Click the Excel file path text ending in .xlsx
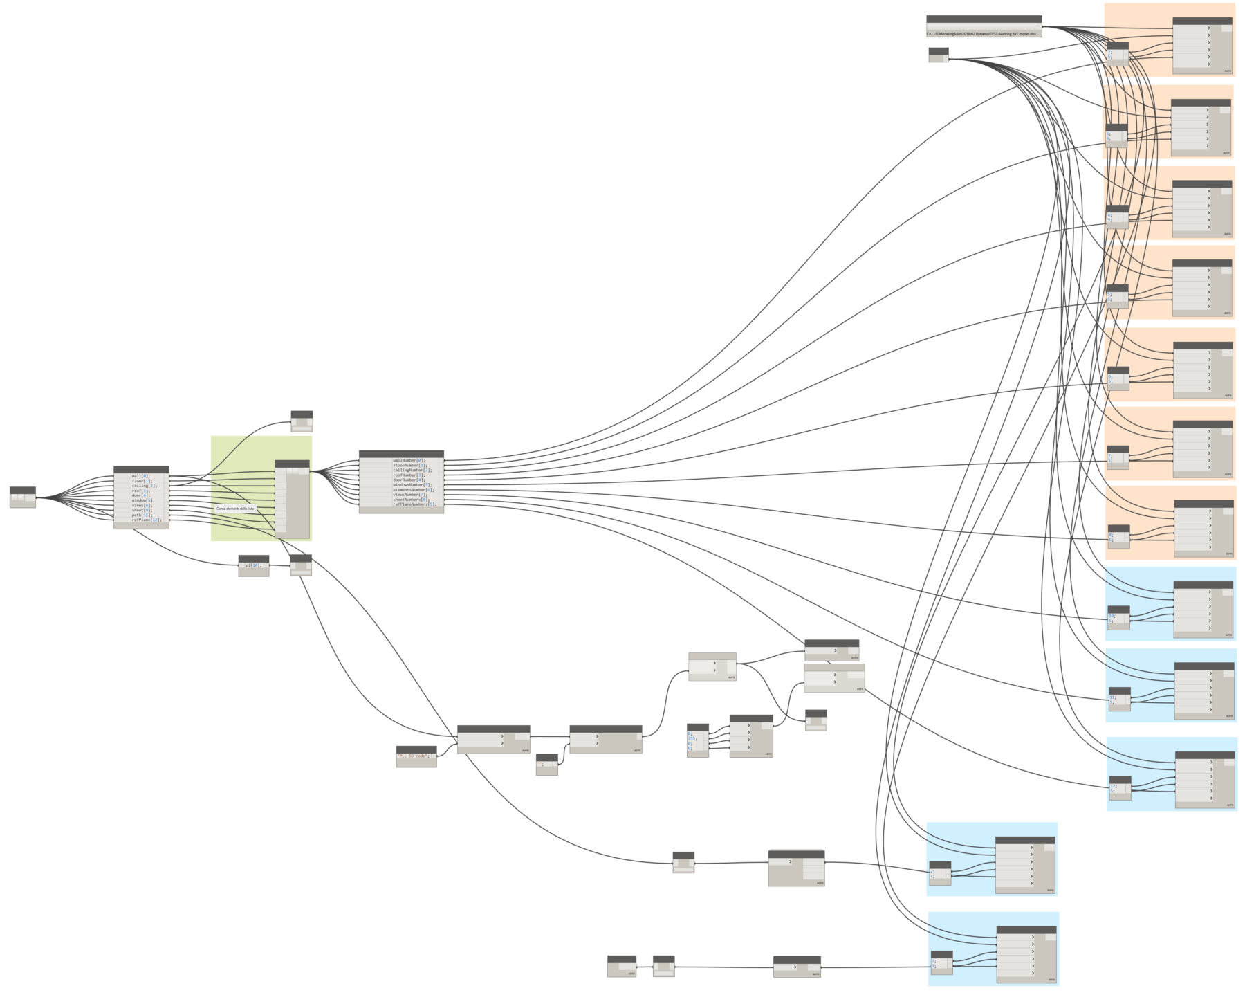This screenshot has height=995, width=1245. pos(981,33)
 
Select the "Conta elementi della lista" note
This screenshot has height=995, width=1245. pos(235,509)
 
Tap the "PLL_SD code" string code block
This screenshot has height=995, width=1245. pos(415,756)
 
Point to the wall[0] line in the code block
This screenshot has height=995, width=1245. pos(140,476)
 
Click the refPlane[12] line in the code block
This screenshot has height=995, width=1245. pos(145,520)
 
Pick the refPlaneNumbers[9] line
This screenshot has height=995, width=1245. pos(414,504)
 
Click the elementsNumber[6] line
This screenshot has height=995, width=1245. pos(413,490)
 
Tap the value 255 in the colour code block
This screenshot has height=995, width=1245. pos(692,738)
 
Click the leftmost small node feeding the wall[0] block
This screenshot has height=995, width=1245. pos(22,497)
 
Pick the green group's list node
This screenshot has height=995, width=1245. pos(292,498)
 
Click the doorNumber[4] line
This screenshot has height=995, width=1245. pos(408,480)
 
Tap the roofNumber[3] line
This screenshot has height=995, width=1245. pos(408,475)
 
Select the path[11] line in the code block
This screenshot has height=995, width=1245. pos(141,515)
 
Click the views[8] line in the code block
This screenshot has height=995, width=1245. pos(141,505)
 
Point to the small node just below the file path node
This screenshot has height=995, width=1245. pos(938,55)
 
